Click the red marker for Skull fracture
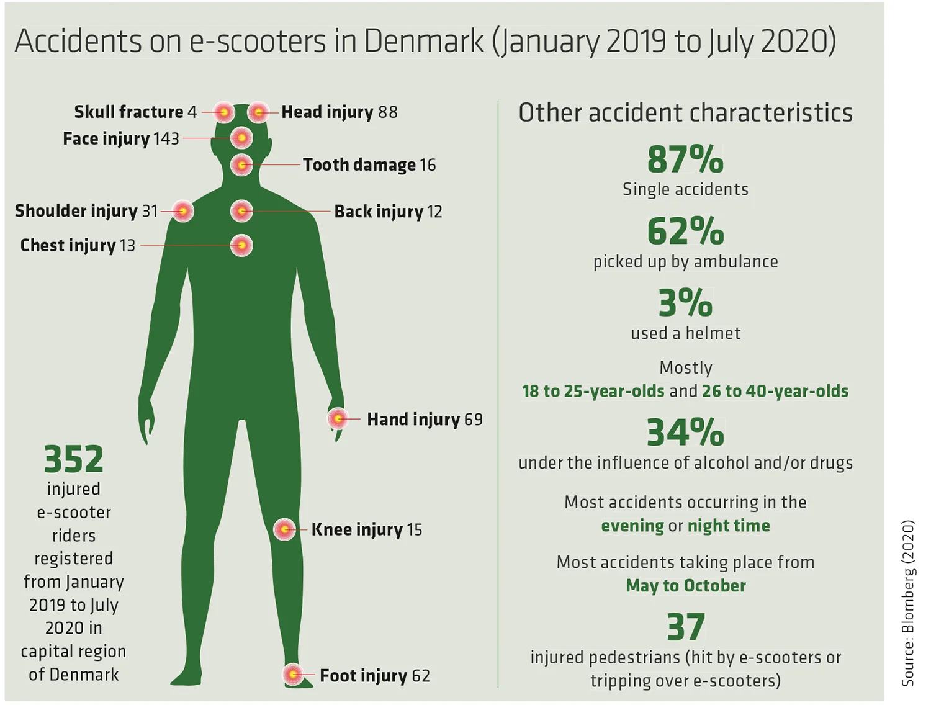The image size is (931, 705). [224, 112]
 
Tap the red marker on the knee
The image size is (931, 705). [285, 529]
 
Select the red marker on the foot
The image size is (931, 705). [293, 675]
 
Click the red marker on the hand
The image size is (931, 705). [338, 419]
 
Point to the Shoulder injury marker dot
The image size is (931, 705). [182, 211]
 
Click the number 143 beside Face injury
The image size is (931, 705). [166, 138]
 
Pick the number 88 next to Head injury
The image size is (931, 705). [388, 112]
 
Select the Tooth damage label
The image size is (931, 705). [359, 165]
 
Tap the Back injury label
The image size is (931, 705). [379, 212]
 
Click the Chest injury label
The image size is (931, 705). [68, 246]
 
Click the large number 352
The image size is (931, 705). [74, 459]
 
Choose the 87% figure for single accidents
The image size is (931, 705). [685, 159]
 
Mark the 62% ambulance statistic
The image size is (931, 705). [685, 231]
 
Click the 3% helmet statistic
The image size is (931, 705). [685, 303]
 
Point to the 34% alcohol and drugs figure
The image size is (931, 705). [685, 433]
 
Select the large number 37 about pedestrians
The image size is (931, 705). [686, 627]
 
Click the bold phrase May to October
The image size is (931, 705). [686, 586]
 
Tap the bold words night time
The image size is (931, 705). [729, 526]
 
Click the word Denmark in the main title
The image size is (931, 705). [423, 41]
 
